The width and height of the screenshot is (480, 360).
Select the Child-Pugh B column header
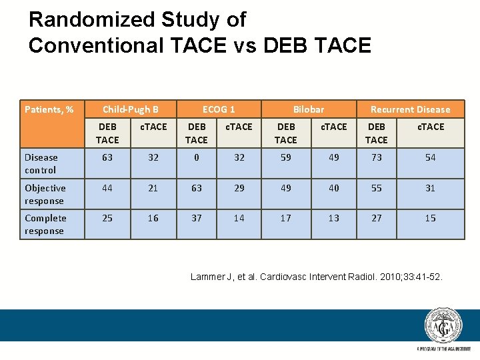point(130,109)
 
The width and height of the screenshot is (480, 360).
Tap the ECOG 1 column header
point(219,109)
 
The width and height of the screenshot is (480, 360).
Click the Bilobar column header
point(309,109)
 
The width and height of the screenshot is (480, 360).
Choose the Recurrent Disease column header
point(410,109)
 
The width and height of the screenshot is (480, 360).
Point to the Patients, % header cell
point(49,109)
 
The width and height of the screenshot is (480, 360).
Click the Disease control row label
point(41,163)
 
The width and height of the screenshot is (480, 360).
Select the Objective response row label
point(45,194)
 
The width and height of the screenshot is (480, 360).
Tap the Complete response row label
point(45,225)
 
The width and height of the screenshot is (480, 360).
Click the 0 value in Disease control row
point(197,158)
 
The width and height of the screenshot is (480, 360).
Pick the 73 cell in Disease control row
point(377,158)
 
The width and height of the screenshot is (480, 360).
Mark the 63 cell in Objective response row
point(197,188)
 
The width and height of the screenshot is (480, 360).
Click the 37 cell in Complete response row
point(197,218)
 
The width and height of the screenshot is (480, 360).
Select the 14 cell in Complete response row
point(239,218)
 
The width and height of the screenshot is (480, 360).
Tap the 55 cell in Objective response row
point(377,188)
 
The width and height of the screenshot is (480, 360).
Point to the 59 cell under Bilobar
point(286,158)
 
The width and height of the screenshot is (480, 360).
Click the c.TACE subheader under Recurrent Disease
point(430,127)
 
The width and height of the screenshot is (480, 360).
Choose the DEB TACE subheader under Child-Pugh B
point(107,133)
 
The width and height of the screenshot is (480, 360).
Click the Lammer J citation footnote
point(317,276)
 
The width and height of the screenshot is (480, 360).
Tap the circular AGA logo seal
point(443,326)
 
